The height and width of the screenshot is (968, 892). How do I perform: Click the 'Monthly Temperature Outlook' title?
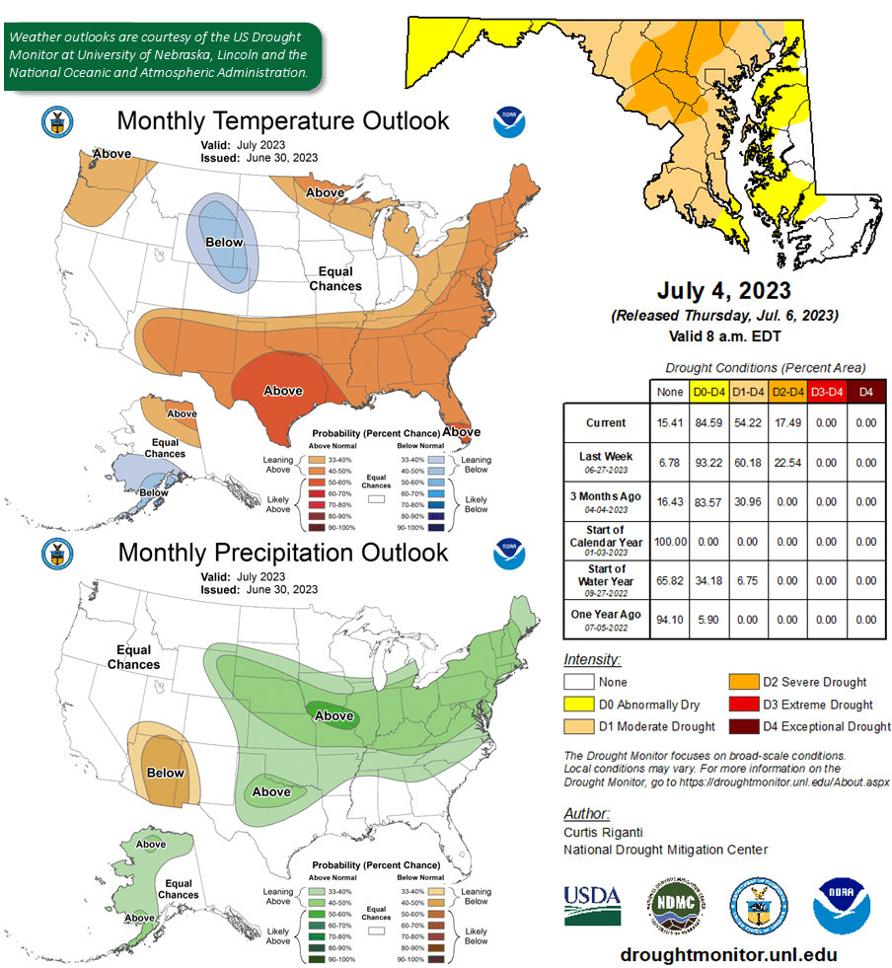click(283, 121)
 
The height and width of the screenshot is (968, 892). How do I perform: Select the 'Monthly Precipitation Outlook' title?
click(283, 553)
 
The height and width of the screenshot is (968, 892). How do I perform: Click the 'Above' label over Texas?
click(282, 391)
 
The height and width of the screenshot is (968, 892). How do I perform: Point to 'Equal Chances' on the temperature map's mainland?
click(334, 278)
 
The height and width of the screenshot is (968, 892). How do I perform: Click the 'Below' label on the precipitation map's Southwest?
click(166, 773)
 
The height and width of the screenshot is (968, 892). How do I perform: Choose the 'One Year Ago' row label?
click(606, 620)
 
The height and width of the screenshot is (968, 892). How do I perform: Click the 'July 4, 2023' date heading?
click(724, 291)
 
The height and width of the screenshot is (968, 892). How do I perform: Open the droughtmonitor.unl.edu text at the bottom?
click(728, 955)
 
